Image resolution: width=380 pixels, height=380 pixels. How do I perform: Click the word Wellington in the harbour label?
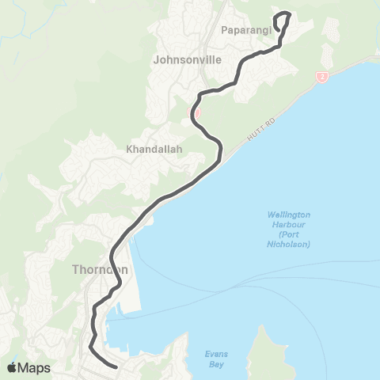tap(288, 215)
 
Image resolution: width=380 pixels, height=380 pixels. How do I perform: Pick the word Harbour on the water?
tap(288, 225)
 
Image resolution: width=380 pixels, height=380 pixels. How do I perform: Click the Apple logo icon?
tap(12, 367)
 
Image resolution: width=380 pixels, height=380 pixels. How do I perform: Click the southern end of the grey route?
tap(116, 367)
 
